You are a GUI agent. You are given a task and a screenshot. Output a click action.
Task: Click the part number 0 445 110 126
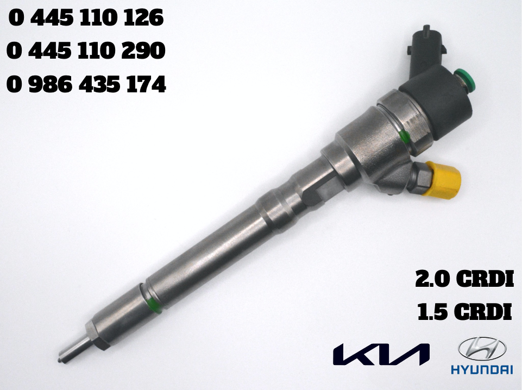click(x=86, y=19)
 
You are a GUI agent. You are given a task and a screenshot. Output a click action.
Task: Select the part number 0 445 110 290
click(x=86, y=52)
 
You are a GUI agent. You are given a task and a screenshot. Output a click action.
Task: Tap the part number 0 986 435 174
click(x=86, y=85)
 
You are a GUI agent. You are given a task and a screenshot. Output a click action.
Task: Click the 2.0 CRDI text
click(x=463, y=279)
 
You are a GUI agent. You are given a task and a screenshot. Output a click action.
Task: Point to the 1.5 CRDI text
click(x=464, y=312)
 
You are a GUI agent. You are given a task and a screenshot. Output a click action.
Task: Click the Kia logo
click(x=381, y=353)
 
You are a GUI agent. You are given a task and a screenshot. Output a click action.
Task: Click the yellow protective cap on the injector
click(x=444, y=180)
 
